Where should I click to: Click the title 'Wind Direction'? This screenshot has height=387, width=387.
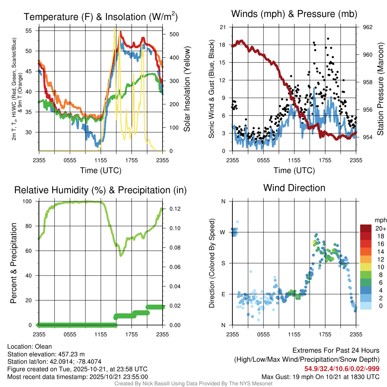294,188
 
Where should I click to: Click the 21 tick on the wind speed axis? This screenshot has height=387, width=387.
223,27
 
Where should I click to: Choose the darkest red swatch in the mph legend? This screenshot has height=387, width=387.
367,228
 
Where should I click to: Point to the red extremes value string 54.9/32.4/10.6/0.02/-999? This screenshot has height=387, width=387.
342,369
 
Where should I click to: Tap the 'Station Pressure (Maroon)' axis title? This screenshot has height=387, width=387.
381,89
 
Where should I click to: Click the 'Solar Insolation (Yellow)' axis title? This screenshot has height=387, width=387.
187,89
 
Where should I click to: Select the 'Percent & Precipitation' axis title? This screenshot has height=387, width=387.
13,263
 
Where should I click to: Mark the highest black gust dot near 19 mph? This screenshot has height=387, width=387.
328,39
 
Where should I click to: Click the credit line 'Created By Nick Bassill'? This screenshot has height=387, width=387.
193,384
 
